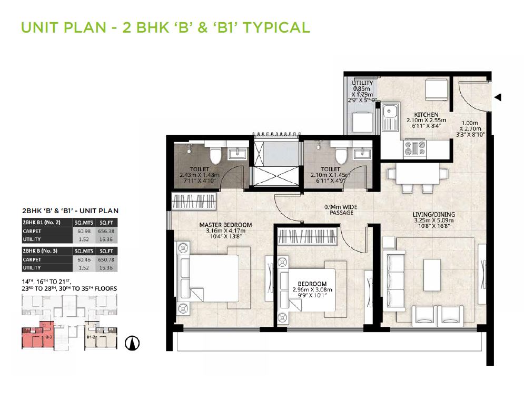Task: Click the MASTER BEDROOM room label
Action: click(x=225, y=225)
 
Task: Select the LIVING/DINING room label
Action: click(x=434, y=214)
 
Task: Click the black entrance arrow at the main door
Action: click(x=498, y=97)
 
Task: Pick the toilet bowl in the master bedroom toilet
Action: click(x=215, y=155)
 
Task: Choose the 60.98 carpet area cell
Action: click(x=82, y=230)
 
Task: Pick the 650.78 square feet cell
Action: click(x=106, y=260)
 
